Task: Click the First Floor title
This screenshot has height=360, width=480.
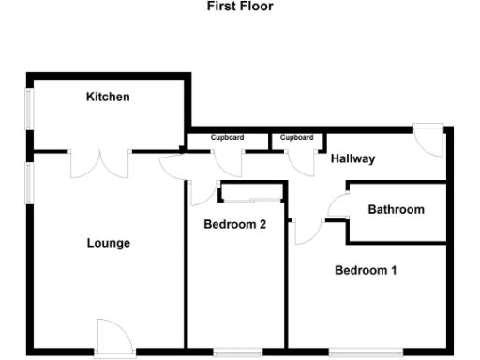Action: pyautogui.click(x=239, y=7)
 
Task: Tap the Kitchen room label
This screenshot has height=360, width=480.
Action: pyautogui.click(x=108, y=97)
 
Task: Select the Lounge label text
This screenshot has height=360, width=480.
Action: pyautogui.click(x=109, y=243)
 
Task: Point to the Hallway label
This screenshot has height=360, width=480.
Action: pyautogui.click(x=352, y=158)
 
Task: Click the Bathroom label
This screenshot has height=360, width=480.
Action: pyautogui.click(x=396, y=209)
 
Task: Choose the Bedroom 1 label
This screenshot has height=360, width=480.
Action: pyautogui.click(x=367, y=270)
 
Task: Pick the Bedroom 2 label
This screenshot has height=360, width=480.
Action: pyautogui.click(x=235, y=224)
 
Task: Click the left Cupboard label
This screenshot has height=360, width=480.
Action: pyautogui.click(x=227, y=138)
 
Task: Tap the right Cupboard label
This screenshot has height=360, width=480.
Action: pyautogui.click(x=296, y=138)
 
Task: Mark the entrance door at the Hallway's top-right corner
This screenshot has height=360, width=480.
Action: pyautogui.click(x=429, y=141)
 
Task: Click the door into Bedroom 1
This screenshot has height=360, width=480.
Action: pyautogui.click(x=306, y=230)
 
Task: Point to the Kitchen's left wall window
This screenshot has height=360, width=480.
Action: pyautogui.click(x=28, y=107)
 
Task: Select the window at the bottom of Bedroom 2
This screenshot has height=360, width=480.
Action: pyautogui.click(x=237, y=352)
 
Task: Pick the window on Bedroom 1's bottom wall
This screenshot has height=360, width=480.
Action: pyautogui.click(x=367, y=352)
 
